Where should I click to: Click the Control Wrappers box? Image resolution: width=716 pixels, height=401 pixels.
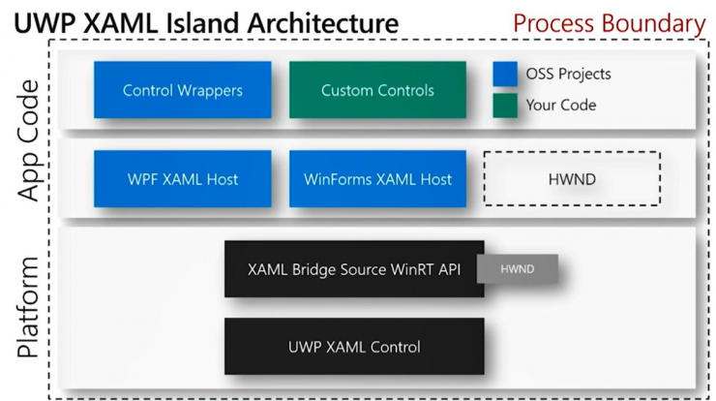(x=183, y=90)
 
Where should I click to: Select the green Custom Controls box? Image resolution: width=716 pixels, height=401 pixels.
(x=377, y=90)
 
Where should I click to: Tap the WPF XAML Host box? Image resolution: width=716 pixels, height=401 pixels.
(x=183, y=179)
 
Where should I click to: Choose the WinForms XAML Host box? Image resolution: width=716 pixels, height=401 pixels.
(x=377, y=179)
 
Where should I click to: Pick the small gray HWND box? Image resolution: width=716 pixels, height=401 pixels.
(x=518, y=269)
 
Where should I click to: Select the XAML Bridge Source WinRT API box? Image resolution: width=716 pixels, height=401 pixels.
(x=354, y=269)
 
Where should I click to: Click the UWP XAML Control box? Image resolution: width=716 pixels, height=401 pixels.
(x=354, y=346)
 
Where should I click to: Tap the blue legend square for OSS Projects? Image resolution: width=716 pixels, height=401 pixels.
(x=505, y=74)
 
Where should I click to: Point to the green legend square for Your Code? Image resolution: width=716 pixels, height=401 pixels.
(x=505, y=106)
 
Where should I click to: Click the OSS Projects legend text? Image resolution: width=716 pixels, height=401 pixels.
(x=569, y=74)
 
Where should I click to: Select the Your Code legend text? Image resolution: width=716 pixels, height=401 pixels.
(x=561, y=106)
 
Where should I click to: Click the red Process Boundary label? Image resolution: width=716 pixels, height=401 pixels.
(x=610, y=23)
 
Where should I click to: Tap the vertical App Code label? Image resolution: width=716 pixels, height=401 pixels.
(x=29, y=140)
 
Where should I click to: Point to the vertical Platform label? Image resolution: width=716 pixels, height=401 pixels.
(x=28, y=307)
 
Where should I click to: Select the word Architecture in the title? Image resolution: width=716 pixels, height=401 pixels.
(x=323, y=23)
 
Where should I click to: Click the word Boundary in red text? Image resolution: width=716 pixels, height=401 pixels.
(x=653, y=23)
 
